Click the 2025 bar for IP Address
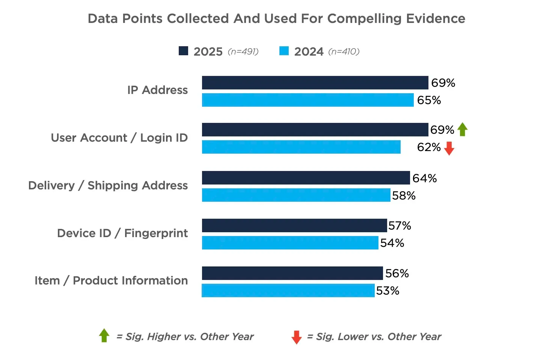click(x=315, y=83)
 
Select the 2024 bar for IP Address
click(x=308, y=100)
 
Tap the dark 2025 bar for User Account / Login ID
click(x=315, y=130)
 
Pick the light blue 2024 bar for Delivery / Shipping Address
click(x=296, y=195)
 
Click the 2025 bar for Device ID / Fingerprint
click(x=294, y=225)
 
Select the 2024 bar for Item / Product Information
click(x=288, y=290)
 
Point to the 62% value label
click(x=428, y=147)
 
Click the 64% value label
click(x=424, y=178)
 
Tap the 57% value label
click(x=400, y=225)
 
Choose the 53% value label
click(x=388, y=290)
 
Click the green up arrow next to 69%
click(x=463, y=129)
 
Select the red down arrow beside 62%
click(x=449, y=148)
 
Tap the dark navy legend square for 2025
click(x=183, y=51)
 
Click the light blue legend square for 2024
click(x=284, y=51)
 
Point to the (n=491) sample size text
click(x=243, y=51)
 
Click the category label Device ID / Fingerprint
click(x=122, y=233)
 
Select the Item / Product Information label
click(x=111, y=280)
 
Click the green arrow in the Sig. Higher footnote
click(x=104, y=336)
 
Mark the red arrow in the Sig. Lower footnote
click(x=296, y=337)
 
